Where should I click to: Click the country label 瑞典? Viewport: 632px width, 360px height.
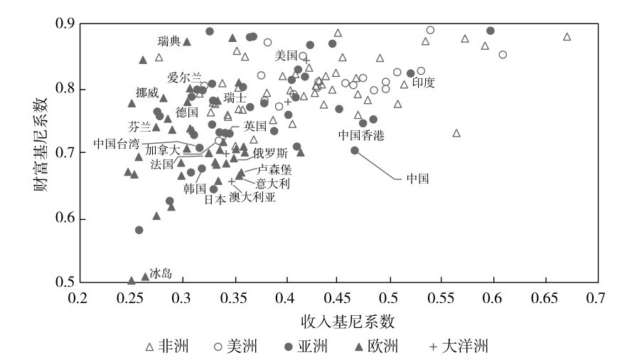coord(168,41)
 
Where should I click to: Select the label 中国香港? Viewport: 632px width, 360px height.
coord(360,134)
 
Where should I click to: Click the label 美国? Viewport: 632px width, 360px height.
coord(286,55)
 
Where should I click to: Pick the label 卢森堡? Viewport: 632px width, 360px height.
coord(274,170)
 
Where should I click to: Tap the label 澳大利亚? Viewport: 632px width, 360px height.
coord(252,197)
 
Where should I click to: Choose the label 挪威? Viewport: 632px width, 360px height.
coord(147,92)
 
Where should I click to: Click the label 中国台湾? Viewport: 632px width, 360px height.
coord(117,144)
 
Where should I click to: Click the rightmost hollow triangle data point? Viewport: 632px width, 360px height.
coord(567,37)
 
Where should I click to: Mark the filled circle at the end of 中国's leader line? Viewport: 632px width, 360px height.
coord(355,150)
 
